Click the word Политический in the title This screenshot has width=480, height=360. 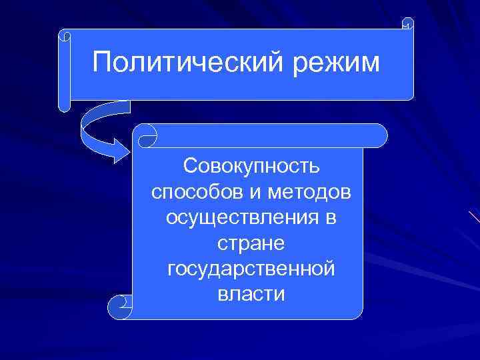click(177, 63)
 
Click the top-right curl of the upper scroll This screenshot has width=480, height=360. click(407, 23)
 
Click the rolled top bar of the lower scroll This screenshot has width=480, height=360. click(267, 135)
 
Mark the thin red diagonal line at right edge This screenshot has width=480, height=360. click(474, 217)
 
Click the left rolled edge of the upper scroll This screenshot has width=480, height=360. click(64, 73)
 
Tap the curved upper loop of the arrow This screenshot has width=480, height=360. click(93, 117)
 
